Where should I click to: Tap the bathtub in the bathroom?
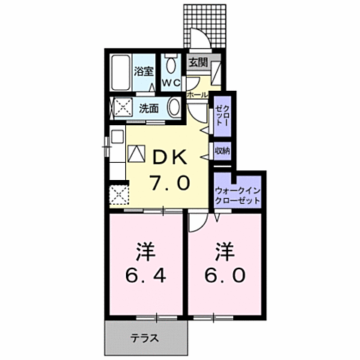[x=120, y=73]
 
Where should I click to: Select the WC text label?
[x=170, y=82]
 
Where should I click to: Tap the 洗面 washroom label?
[x=149, y=107]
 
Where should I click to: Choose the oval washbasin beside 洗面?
[x=175, y=107]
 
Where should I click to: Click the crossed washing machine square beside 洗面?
[x=119, y=106]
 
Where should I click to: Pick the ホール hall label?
[x=196, y=95]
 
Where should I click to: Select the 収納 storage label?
[x=222, y=150]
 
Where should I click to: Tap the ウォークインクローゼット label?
[x=238, y=196]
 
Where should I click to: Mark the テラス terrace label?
[x=145, y=337]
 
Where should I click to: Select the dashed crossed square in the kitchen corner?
[x=118, y=197]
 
